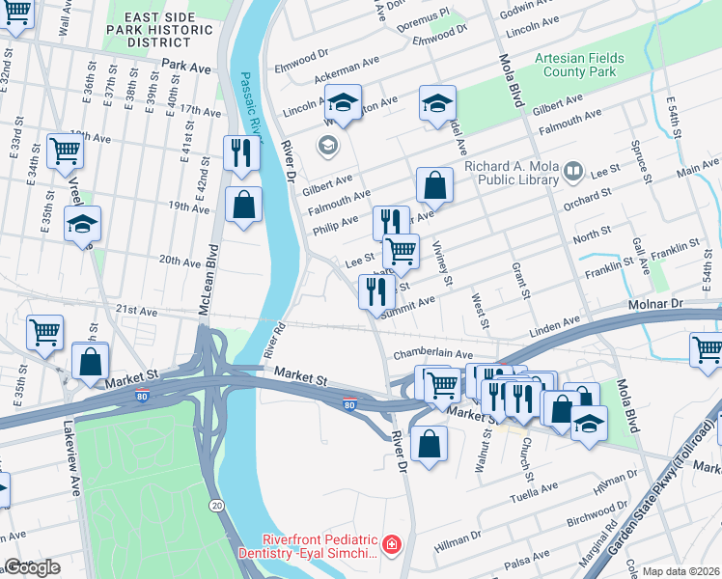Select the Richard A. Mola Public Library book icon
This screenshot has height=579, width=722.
(x=573, y=172)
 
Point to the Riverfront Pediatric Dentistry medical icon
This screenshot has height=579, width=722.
(x=392, y=546)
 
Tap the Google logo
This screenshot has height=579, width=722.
(x=32, y=567)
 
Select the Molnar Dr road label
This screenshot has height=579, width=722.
(x=682, y=304)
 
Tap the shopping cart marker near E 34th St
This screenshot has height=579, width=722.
(x=65, y=149)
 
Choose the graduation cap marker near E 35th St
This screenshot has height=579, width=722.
(x=82, y=223)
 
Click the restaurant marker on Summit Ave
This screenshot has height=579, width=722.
(x=375, y=289)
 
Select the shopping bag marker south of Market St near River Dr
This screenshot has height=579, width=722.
(x=429, y=444)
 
